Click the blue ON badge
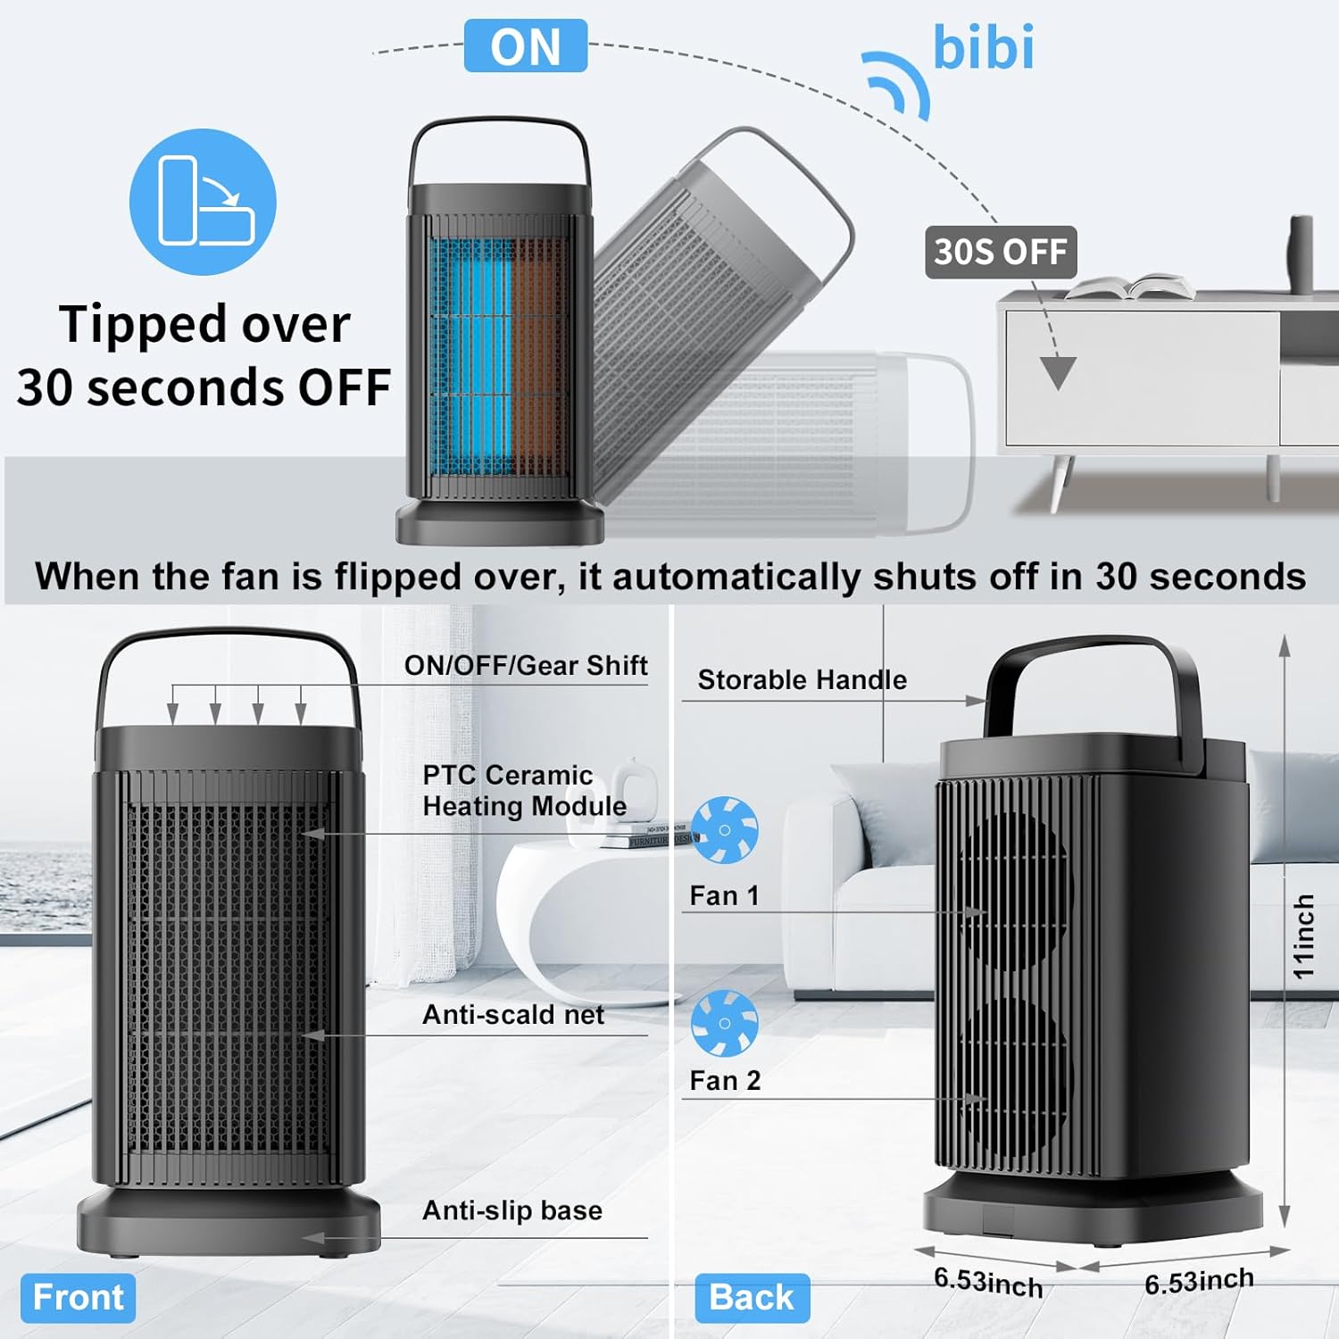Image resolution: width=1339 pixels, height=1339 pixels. click(525, 46)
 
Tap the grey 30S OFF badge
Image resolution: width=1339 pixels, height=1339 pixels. click(1000, 252)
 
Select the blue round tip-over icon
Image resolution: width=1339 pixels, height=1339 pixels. click(203, 202)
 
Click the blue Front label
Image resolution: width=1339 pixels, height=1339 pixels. click(78, 1297)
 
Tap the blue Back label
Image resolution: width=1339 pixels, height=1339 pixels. click(752, 1297)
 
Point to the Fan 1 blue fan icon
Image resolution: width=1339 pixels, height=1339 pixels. click(724, 830)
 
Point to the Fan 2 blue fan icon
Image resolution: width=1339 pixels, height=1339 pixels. click(724, 1023)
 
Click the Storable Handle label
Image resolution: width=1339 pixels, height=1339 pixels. click(802, 680)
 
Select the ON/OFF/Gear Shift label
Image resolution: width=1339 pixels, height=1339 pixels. click(526, 666)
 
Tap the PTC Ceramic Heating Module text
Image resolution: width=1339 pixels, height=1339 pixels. click(524, 791)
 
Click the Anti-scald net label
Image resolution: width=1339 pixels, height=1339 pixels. click(513, 1015)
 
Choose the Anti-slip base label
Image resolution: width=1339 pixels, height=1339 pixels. click(512, 1210)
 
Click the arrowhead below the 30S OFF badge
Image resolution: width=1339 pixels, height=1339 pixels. click(1059, 371)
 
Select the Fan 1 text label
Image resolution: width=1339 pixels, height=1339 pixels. click(724, 895)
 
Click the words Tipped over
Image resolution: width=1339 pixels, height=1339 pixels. click(204, 323)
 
